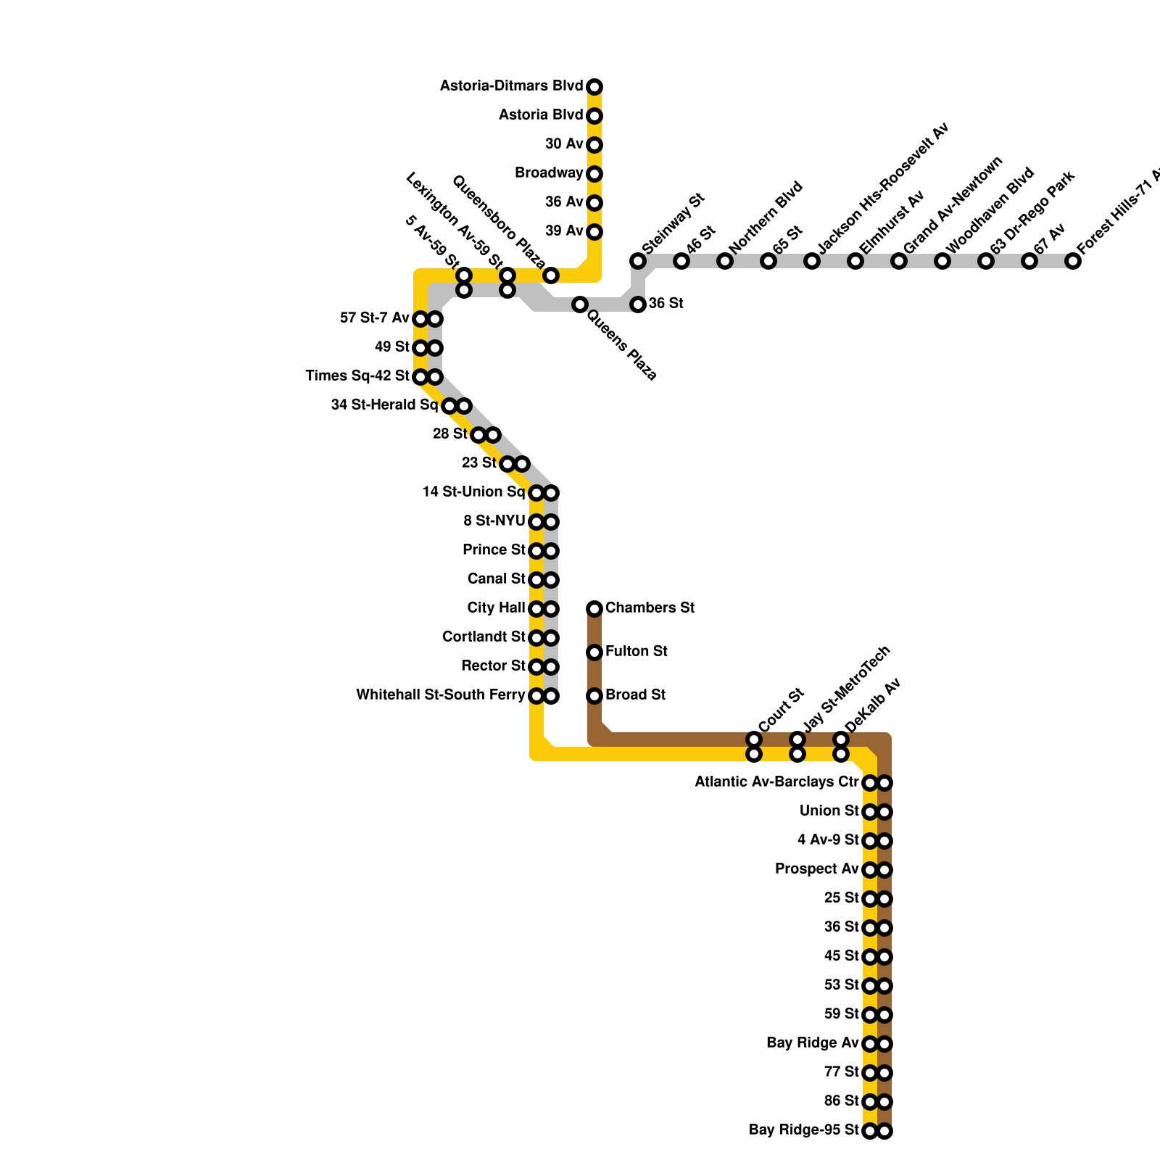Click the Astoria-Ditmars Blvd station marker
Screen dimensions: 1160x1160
pyautogui.click(x=594, y=87)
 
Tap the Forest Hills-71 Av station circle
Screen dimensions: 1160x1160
pyautogui.click(x=1073, y=261)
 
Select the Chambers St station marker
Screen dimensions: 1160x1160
pyautogui.click(x=594, y=609)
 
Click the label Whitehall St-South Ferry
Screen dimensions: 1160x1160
pyautogui.click(x=440, y=695)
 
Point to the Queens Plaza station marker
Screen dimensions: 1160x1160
pyautogui.click(x=579, y=304)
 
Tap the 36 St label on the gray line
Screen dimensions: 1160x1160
pyautogui.click(x=666, y=303)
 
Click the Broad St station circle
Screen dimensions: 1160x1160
pyautogui.click(x=594, y=696)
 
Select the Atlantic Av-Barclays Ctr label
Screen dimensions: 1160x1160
pyautogui.click(x=776, y=782)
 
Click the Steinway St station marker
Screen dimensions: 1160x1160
pyautogui.click(x=638, y=261)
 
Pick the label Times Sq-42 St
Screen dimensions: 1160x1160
pyautogui.click(x=357, y=376)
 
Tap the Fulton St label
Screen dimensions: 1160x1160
pyautogui.click(x=636, y=652)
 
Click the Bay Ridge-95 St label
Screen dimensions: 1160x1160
pyautogui.click(x=803, y=1130)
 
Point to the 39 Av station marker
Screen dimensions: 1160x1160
pyautogui.click(x=594, y=232)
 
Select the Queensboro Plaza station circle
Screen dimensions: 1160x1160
pyautogui.click(x=551, y=275)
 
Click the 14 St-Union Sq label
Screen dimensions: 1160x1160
pyautogui.click(x=473, y=492)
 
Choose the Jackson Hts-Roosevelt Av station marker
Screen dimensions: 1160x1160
pyautogui.click(x=812, y=261)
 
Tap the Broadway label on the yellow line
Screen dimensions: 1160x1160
pyautogui.click(x=549, y=173)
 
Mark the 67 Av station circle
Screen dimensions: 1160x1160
pyautogui.click(x=1029, y=261)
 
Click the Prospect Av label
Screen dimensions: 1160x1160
pyautogui.click(x=816, y=869)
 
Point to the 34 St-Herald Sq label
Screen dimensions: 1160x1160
pyautogui.click(x=384, y=405)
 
